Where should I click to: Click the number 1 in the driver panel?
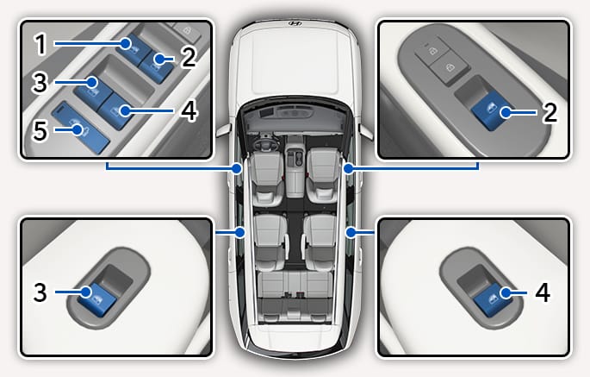click(x=40, y=44)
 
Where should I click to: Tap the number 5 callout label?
click(x=40, y=131)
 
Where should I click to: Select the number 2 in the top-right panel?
click(x=550, y=112)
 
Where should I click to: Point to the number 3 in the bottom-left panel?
click(x=40, y=292)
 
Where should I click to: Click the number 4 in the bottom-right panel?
click(x=543, y=292)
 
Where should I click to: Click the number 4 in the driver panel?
click(x=189, y=110)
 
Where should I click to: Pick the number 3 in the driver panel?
click(x=40, y=83)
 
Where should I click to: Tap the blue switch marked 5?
click(x=80, y=129)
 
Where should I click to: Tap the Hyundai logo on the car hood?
click(x=295, y=23)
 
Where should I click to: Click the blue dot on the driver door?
click(x=237, y=168)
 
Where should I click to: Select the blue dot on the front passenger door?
click(x=349, y=168)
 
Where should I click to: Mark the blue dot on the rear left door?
click(x=240, y=233)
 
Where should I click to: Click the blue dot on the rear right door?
click(x=351, y=233)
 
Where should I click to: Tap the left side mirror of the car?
click(x=223, y=130)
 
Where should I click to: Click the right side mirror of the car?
click(x=366, y=131)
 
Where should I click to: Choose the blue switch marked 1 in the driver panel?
click(x=133, y=48)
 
